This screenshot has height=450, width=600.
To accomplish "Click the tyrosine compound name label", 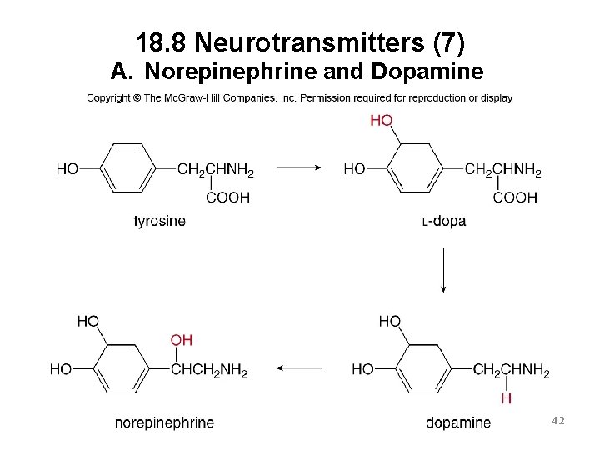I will [159, 221].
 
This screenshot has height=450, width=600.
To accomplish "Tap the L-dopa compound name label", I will [444, 221].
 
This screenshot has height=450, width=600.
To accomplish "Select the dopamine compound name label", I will [458, 422].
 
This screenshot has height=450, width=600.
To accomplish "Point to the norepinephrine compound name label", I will [164, 422].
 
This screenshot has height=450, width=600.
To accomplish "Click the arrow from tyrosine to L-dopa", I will [298, 167].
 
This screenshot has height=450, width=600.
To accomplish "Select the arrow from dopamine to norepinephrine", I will [297, 367].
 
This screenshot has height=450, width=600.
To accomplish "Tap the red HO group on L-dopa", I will [381, 121].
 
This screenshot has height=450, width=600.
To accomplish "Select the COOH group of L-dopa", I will [515, 197].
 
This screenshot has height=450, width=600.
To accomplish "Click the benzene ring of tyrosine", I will [127, 168].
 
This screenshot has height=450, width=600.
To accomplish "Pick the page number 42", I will [557, 422].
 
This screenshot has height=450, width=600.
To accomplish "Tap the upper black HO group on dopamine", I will [389, 322].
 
